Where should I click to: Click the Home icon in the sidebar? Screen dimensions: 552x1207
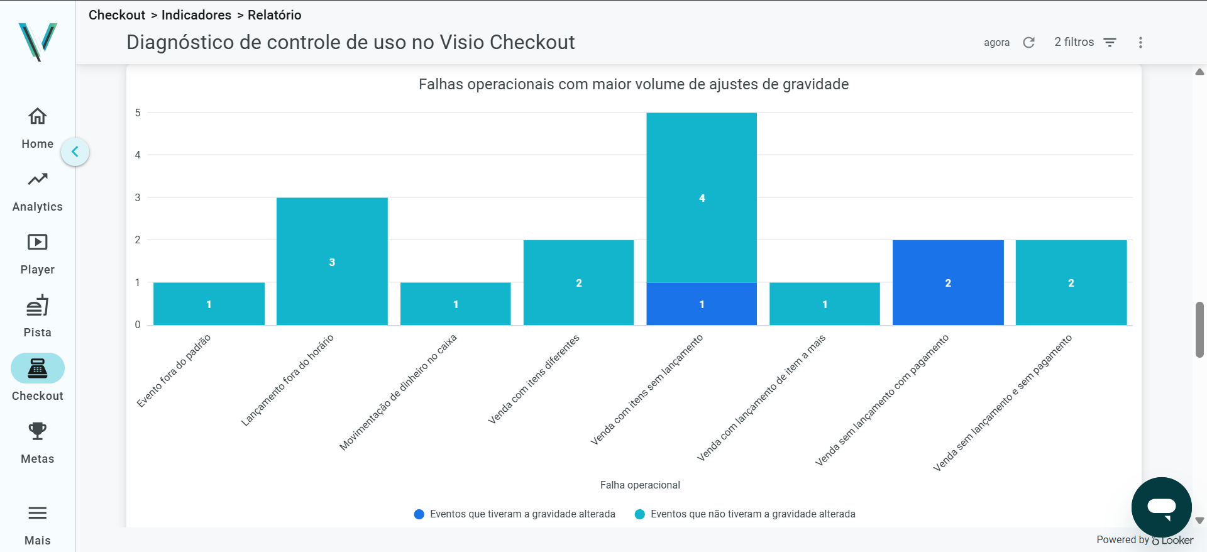pyautogui.click(x=38, y=116)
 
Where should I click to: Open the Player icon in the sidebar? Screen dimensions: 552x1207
pyautogui.click(x=38, y=242)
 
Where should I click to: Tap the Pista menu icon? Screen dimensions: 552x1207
pyautogui.click(x=38, y=306)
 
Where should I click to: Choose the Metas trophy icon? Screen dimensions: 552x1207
pyautogui.click(x=38, y=431)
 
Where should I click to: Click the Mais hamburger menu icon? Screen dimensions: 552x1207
pyautogui.click(x=38, y=513)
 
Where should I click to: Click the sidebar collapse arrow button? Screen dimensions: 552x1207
pyautogui.click(x=75, y=152)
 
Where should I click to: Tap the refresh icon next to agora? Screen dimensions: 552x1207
pyautogui.click(x=1028, y=42)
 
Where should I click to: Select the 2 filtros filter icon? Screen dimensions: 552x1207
pyautogui.click(x=1110, y=42)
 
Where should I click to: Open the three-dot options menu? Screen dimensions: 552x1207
pyautogui.click(x=1140, y=42)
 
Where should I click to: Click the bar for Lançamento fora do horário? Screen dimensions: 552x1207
pyautogui.click(x=332, y=261)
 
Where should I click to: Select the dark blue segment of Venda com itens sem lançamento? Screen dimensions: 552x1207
pyautogui.click(x=702, y=304)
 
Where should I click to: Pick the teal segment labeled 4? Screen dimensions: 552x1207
pyautogui.click(x=702, y=197)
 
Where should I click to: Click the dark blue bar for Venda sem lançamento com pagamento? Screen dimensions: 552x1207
pyautogui.click(x=948, y=282)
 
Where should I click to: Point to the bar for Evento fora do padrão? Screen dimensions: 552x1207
pyautogui.click(x=209, y=304)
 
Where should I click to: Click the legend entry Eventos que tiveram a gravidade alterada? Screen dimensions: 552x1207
pyautogui.click(x=515, y=514)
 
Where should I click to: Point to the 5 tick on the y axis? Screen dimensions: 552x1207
pyautogui.click(x=138, y=113)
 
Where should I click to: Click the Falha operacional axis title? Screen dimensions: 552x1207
pyautogui.click(x=640, y=485)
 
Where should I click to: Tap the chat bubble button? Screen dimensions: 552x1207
pyautogui.click(x=1161, y=507)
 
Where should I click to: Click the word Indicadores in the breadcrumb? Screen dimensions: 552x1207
pyautogui.click(x=196, y=15)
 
